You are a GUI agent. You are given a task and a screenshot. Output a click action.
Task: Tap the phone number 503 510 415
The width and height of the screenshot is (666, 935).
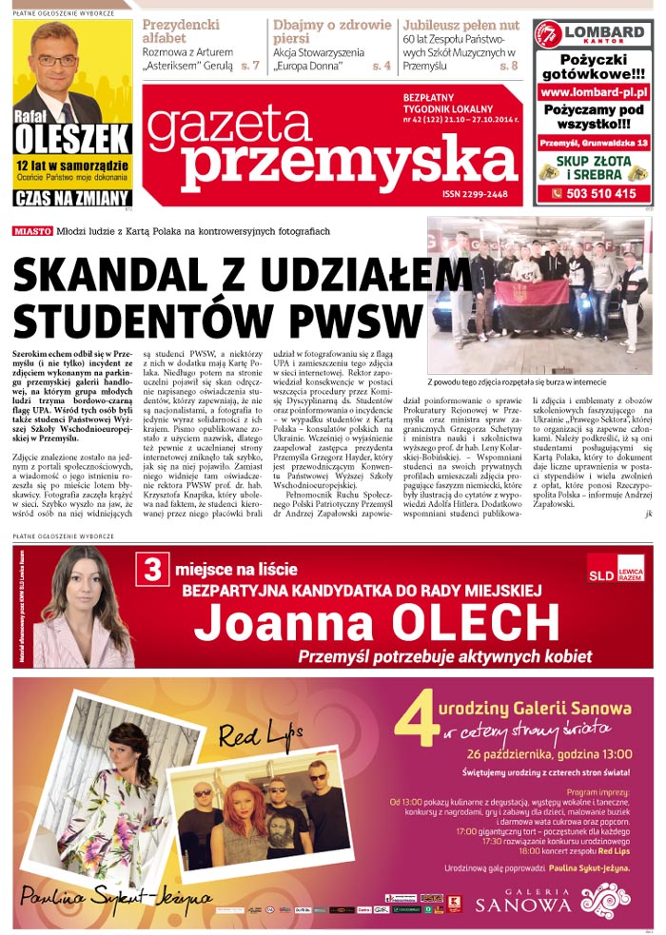pyautogui.click(x=595, y=194)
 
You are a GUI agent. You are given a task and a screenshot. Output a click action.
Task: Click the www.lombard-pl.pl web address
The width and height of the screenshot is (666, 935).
pyautogui.click(x=594, y=92)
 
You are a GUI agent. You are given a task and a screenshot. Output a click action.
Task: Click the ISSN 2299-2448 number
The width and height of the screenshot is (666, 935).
pyautogui.click(x=476, y=194)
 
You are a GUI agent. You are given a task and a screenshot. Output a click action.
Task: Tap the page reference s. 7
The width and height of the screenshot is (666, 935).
pyautogui.click(x=250, y=66)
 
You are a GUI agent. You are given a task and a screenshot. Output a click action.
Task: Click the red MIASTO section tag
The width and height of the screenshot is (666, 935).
pyautogui.click(x=32, y=231)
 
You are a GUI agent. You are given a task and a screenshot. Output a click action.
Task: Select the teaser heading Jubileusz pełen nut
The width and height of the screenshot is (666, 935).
pyautogui.click(x=460, y=25)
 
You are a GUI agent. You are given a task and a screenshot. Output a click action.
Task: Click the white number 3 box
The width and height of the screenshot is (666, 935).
pyautogui.click(x=150, y=570)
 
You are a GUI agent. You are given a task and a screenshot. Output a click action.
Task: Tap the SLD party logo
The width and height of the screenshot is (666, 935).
pyautogui.click(x=615, y=568)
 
